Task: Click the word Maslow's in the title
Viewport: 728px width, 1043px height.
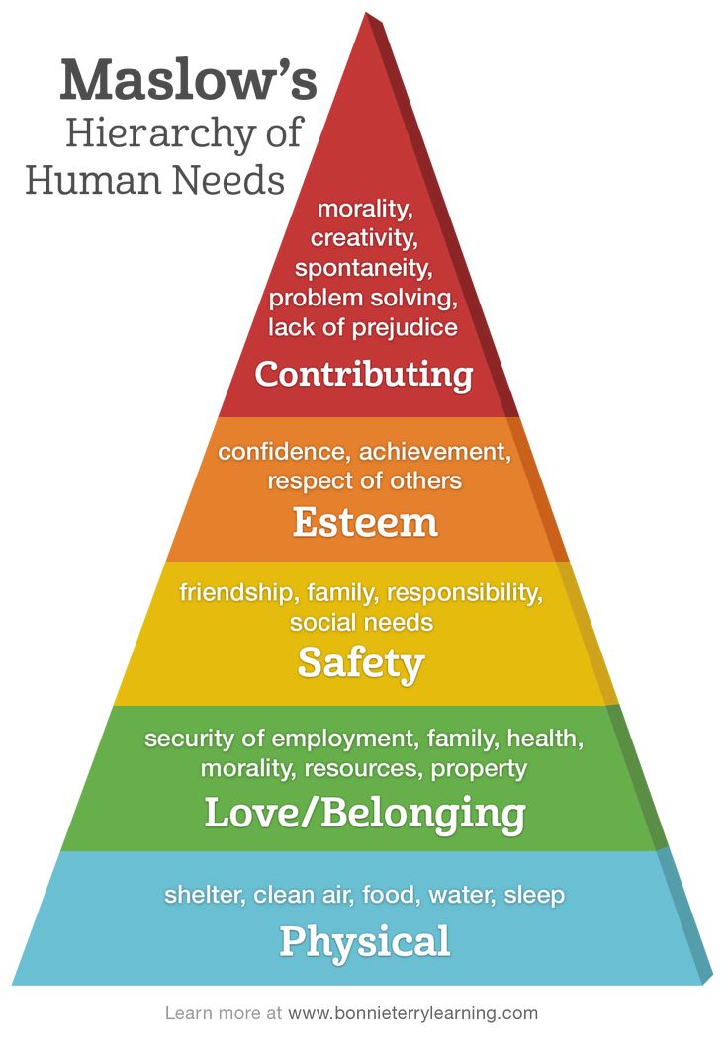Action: (188, 79)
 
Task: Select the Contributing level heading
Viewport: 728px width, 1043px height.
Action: (363, 374)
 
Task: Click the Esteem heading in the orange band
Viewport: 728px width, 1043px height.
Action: (365, 522)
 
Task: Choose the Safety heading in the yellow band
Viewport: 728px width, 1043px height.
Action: (361, 663)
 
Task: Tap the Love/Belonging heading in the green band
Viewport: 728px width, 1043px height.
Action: (365, 813)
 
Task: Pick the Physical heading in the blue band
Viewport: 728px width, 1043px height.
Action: (365, 942)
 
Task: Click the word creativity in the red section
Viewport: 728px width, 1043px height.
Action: (364, 238)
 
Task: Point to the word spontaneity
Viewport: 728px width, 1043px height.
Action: (363, 268)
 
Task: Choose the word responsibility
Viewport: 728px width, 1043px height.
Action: (465, 592)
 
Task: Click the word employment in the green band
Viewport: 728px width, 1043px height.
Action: (345, 739)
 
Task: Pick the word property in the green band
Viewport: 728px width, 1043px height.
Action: (479, 769)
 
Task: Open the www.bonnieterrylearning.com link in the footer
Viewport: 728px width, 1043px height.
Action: (412, 1013)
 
